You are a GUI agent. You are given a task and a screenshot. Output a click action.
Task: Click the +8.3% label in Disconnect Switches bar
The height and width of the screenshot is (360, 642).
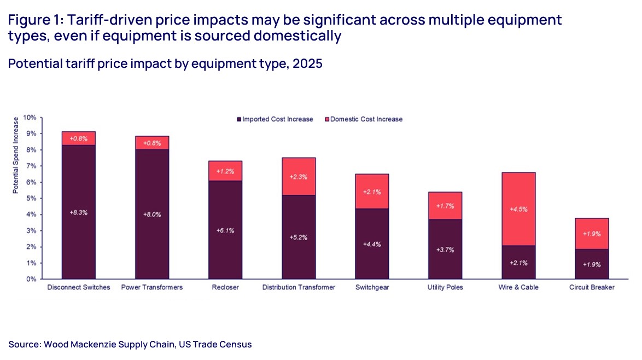coord(78,212)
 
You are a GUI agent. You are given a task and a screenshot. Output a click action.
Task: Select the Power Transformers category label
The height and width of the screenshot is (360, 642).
coord(152,288)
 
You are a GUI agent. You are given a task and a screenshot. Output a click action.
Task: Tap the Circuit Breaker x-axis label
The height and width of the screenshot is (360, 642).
coord(592,288)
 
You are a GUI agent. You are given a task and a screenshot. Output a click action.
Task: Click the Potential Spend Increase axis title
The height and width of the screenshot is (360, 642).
coord(16,154)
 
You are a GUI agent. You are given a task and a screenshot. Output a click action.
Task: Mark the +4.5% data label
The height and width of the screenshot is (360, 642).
coord(518,209)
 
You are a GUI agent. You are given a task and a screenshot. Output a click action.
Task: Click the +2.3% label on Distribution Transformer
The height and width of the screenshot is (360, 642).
coord(299,177)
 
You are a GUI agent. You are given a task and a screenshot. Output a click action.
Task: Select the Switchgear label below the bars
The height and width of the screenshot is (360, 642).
coord(372,288)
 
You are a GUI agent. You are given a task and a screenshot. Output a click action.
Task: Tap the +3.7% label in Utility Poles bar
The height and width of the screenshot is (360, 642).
coord(445,249)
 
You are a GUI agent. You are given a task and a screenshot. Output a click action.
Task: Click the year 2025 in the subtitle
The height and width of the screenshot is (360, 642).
coord(307,63)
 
